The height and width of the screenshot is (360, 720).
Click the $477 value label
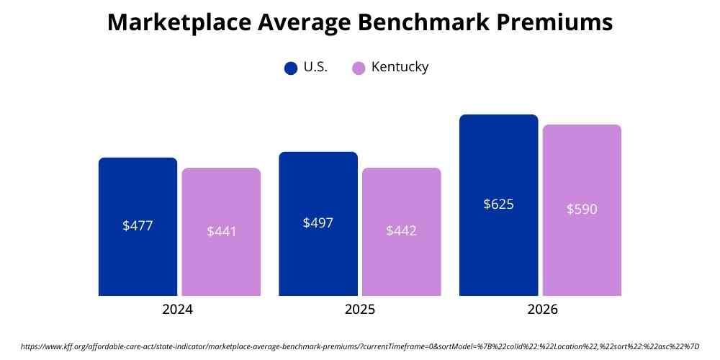point(138,225)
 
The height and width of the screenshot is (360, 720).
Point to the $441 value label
point(221,231)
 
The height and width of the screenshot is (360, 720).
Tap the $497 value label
point(318,222)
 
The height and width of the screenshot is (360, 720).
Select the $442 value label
point(402,231)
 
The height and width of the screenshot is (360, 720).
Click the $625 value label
point(498,204)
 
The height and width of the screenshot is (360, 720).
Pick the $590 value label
point(582,210)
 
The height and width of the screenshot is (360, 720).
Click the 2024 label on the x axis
point(178,310)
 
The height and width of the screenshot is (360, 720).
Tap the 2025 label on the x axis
point(359,310)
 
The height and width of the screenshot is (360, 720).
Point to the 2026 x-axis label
point(540,310)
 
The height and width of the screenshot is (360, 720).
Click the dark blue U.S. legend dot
point(291,68)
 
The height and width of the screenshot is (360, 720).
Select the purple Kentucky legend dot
point(359,68)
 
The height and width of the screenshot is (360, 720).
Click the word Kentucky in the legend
point(400,68)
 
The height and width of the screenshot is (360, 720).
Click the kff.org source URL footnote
point(360,346)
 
